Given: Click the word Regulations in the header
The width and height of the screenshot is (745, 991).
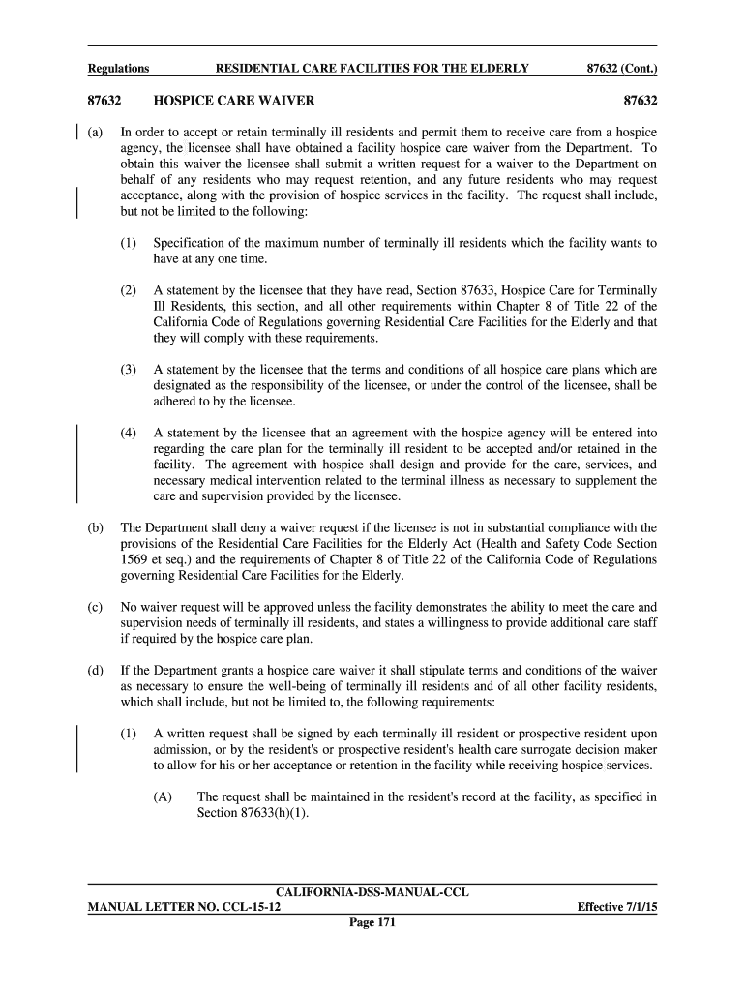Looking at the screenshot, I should (118, 69).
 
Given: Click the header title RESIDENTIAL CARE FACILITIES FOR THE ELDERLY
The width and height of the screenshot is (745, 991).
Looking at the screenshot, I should (372, 69).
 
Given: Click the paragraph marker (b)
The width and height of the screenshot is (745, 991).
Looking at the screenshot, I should (95, 528).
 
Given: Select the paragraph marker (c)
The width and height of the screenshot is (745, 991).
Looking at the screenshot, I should (95, 608).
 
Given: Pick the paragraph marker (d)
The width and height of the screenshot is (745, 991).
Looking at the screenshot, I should (95, 671).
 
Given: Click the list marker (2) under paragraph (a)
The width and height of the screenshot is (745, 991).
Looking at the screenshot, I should (129, 290).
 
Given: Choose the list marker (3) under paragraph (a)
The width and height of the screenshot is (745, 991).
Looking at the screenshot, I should (129, 370).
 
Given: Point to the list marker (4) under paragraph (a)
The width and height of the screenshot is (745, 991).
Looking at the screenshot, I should (129, 434).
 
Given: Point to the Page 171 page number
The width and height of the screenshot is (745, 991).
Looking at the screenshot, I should (372, 923).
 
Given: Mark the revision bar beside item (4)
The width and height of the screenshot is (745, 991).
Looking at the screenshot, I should (77, 465).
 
